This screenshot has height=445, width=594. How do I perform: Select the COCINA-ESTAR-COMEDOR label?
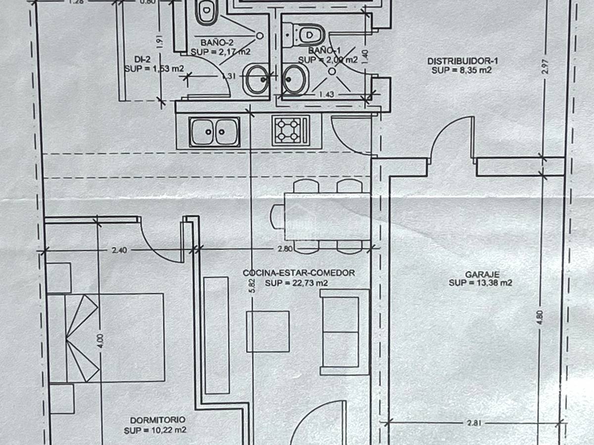tap(298, 272)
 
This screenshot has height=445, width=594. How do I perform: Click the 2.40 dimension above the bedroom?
tap(119, 250)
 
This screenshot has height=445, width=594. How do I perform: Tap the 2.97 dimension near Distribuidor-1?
tap(545, 67)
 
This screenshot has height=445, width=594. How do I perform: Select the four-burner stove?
tap(291, 131)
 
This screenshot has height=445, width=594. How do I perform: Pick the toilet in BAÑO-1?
tap(308, 35)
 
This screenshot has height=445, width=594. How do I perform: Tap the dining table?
tap(327, 216)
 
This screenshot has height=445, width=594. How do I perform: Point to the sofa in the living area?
tap(345, 332)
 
